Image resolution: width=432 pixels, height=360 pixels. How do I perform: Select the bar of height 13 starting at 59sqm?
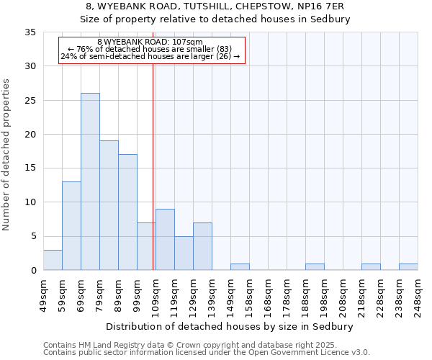click(71, 225)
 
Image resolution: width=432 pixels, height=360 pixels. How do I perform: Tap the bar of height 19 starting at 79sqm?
click(109, 205)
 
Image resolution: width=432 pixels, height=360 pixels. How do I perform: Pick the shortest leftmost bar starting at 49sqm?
click(53, 260)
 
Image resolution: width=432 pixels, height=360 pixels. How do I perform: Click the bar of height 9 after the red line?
click(165, 239)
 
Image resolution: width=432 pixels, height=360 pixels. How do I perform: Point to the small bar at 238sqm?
click(408, 267)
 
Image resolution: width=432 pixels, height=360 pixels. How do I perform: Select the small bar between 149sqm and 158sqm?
click(240, 267)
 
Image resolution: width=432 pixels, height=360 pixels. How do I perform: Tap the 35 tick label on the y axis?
click(30, 32)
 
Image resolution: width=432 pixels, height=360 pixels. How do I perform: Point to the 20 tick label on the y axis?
click(30, 135)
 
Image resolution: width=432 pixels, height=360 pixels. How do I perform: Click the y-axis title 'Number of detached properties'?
click(6, 154)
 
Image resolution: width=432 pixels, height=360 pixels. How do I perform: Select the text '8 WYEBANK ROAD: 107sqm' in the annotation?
click(150, 42)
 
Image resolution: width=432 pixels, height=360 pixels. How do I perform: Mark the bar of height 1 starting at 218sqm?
click(371, 267)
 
